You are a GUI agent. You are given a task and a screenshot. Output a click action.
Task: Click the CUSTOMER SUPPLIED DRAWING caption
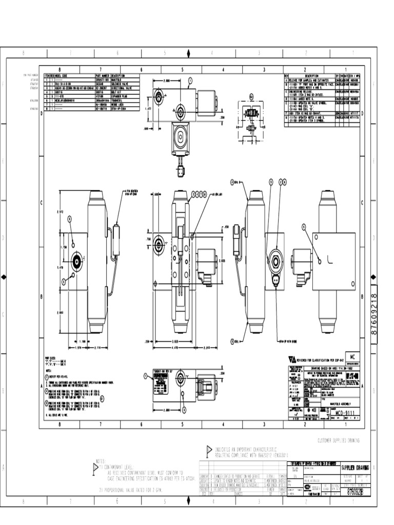[339, 440]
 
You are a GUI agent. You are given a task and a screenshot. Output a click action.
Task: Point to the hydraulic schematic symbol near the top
[251, 112]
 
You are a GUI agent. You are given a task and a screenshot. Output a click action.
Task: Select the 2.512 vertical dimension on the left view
[61, 211]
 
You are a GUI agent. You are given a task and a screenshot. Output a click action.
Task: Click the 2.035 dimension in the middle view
[222, 260]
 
